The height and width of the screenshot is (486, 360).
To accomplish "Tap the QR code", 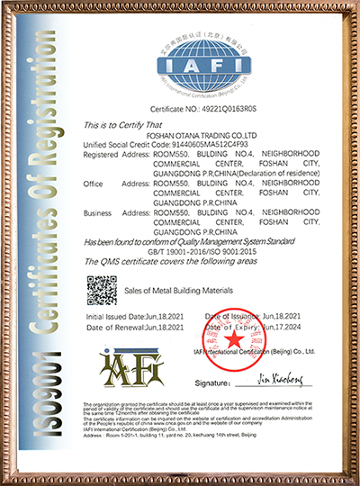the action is pos(103,289).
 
